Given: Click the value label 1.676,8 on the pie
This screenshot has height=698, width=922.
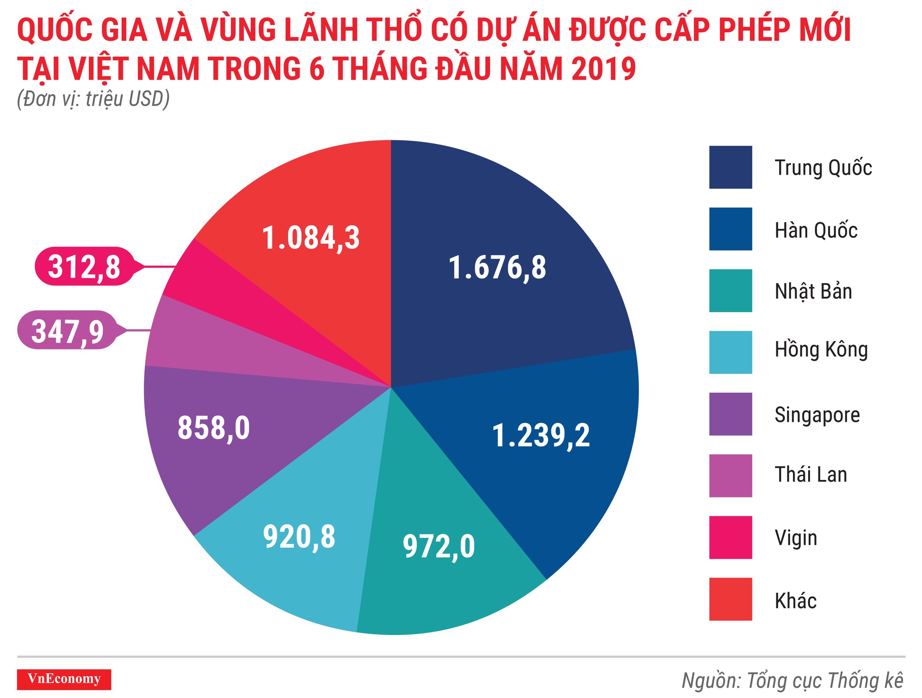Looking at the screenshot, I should (497, 268).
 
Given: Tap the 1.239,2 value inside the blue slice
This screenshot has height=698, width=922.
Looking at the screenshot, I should (541, 436).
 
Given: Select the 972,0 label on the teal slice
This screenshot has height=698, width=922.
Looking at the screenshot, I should (438, 547).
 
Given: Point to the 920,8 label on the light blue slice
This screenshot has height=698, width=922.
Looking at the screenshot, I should (299, 537).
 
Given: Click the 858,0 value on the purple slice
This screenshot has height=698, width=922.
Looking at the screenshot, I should (213, 428).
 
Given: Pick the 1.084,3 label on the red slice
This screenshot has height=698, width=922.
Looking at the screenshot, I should (311, 238).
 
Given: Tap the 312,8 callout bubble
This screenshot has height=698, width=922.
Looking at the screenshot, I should (84, 266).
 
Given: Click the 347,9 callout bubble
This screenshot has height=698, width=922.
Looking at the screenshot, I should (67, 331).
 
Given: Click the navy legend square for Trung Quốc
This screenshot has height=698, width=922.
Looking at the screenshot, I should (730, 167).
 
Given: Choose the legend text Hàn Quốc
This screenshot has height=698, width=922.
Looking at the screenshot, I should (816, 230).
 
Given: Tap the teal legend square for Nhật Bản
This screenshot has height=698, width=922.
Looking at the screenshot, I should (730, 291).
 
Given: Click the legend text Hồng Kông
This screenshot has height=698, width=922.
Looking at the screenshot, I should (821, 350).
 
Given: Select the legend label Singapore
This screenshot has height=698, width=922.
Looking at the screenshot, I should (817, 415).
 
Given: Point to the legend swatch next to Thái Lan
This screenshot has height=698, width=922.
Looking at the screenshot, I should (730, 476).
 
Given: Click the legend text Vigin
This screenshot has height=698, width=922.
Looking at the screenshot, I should (796, 538).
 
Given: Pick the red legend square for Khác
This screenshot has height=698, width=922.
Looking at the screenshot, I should (730, 599).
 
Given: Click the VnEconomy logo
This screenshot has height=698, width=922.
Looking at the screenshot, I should (64, 679).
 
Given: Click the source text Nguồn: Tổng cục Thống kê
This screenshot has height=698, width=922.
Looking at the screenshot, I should (792, 681).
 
